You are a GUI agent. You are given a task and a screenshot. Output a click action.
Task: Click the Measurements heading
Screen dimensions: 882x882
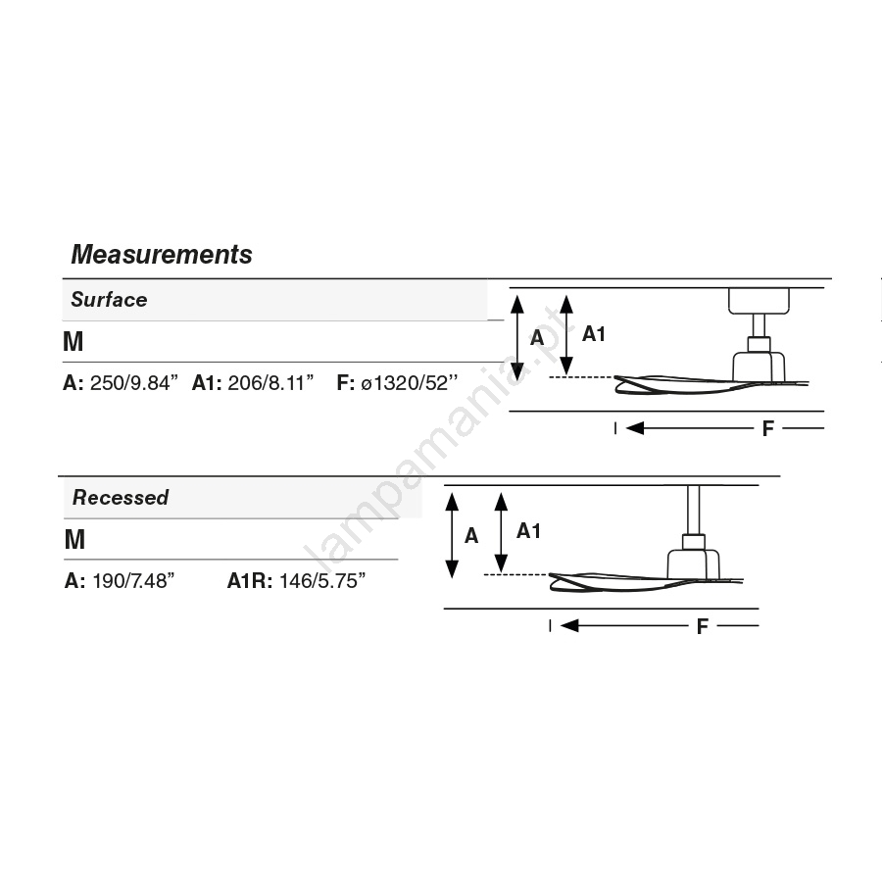(162, 254)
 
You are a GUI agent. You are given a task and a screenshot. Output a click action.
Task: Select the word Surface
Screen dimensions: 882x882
(109, 299)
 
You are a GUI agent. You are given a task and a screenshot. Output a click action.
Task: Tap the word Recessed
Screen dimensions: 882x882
(121, 497)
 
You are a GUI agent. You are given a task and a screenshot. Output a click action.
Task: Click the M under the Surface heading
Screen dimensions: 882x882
(73, 341)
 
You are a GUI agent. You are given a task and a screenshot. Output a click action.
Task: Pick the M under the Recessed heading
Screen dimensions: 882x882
(74, 539)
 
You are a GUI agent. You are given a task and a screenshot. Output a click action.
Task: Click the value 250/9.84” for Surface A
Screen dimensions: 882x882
(134, 382)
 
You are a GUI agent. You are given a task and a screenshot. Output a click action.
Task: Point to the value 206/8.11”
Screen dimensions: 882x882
(270, 382)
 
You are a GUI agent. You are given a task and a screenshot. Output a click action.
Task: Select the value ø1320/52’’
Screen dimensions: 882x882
(409, 382)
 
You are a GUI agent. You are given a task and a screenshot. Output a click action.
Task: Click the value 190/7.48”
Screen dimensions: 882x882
(134, 580)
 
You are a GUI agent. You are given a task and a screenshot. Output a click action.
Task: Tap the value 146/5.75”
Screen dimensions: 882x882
(322, 580)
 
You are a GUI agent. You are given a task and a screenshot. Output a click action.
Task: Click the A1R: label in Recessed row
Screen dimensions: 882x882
(250, 580)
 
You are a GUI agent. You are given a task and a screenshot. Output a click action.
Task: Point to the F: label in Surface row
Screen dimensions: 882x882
(345, 382)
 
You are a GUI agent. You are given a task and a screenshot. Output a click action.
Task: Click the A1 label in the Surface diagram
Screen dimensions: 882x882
(594, 334)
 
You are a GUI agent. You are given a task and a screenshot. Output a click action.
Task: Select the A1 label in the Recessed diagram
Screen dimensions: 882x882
(528, 530)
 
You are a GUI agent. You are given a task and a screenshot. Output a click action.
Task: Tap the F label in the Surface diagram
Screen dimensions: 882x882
(767, 429)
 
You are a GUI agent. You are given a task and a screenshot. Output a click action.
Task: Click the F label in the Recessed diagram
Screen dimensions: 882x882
(702, 626)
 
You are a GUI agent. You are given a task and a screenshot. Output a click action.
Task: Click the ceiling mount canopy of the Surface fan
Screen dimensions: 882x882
(759, 301)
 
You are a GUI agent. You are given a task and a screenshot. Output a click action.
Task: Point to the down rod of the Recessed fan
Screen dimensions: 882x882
(694, 510)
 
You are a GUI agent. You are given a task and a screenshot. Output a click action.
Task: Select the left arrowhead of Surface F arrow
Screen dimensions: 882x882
(634, 428)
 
